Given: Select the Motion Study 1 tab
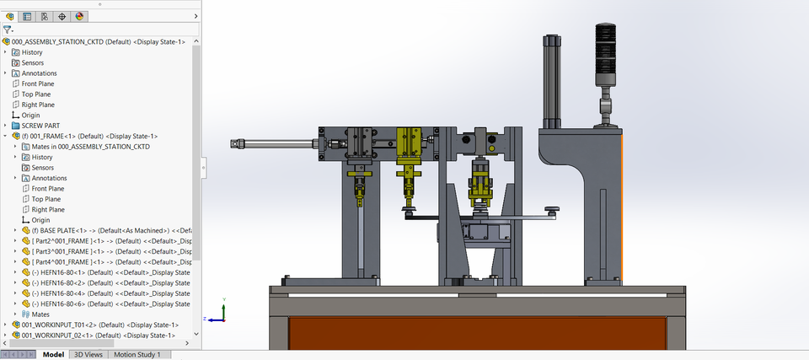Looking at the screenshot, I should (x=137, y=355).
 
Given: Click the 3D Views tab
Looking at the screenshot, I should (x=88, y=355).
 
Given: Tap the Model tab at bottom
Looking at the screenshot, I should (x=53, y=355).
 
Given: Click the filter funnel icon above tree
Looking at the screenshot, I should (x=8, y=29).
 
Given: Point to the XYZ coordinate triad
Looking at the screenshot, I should (x=222, y=311).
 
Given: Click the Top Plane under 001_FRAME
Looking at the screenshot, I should (x=47, y=199).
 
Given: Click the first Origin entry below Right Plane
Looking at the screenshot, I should (x=30, y=116).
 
